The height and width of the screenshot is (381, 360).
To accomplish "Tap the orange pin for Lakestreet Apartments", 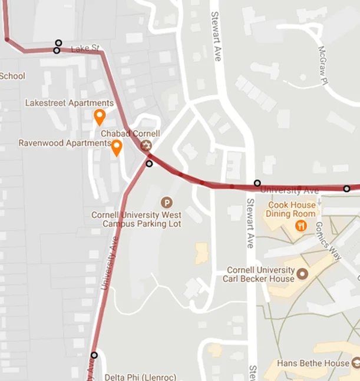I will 100,117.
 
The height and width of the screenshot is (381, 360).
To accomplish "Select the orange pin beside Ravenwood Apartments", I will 117,147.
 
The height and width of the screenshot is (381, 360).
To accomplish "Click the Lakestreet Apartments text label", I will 69,103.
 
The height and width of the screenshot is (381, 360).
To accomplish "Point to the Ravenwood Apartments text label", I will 64,143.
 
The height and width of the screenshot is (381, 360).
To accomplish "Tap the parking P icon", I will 166,202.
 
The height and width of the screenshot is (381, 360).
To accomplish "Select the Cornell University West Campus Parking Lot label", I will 136,219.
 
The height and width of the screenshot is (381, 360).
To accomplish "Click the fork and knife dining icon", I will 302,225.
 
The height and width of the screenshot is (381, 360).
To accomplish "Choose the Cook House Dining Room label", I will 291,209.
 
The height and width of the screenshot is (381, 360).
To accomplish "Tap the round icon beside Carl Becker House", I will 303,274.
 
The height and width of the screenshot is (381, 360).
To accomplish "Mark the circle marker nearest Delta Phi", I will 94,355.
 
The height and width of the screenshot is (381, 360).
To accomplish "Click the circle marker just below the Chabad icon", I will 149,164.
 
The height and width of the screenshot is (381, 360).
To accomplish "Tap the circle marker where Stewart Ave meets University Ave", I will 257,183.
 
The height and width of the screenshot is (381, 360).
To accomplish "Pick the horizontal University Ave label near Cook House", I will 289,191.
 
